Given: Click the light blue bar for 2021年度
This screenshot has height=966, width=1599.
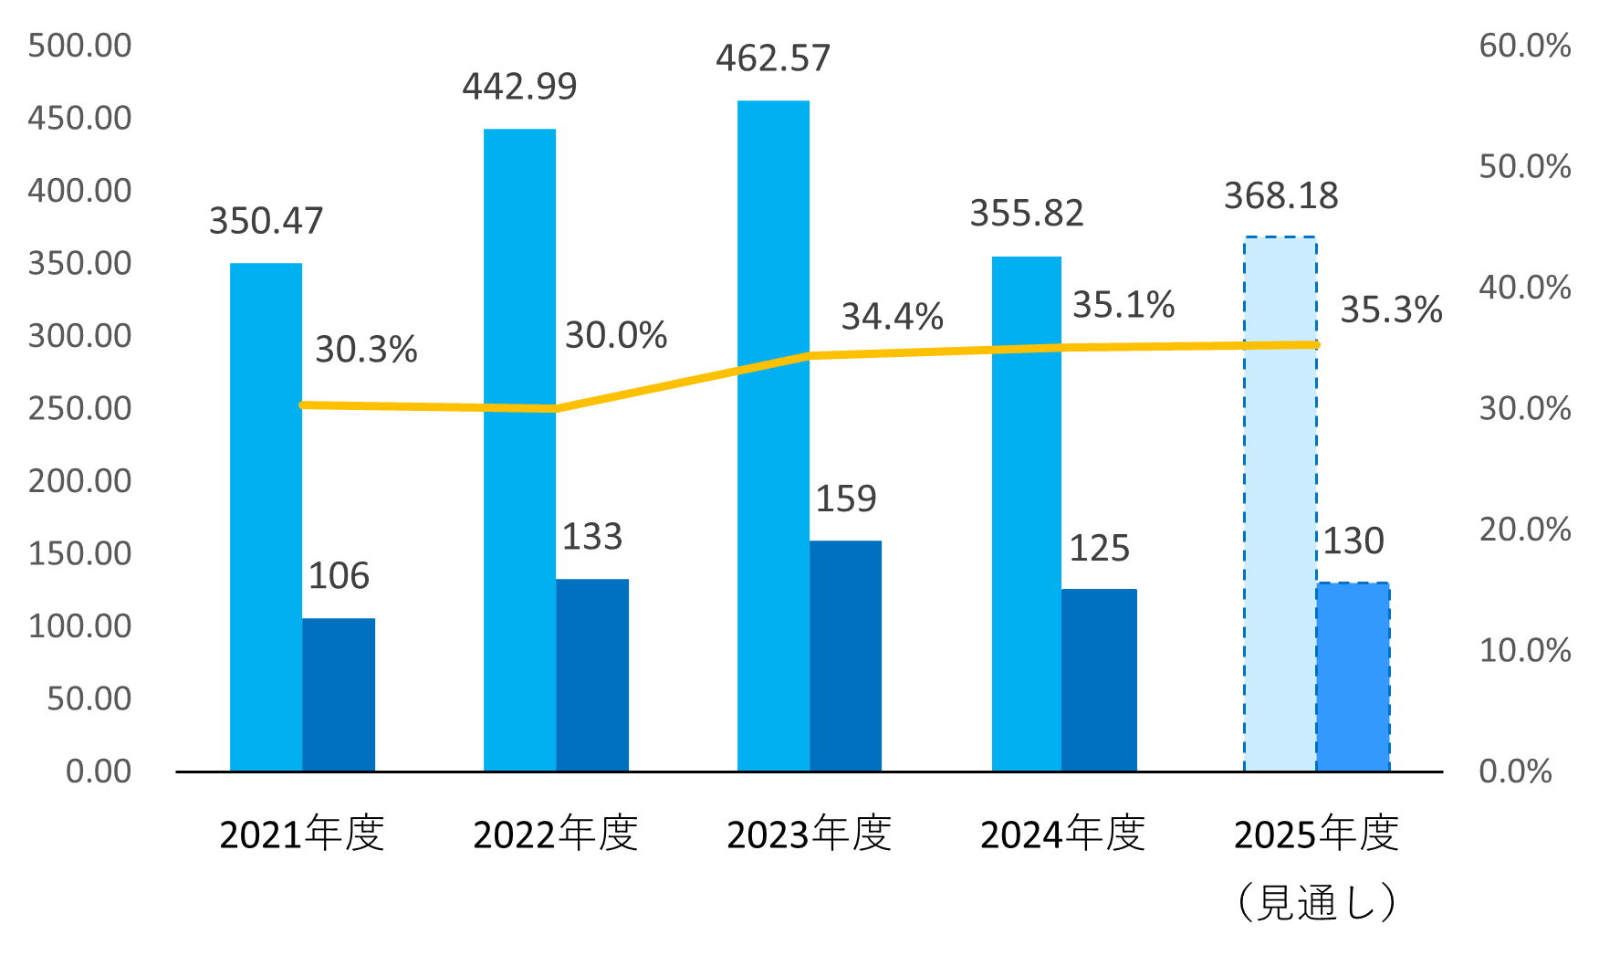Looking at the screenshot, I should point(266,517).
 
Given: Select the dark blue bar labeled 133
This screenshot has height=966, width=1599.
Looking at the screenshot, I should point(592,675).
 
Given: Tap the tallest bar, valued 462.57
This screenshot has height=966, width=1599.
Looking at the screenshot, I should point(773,436).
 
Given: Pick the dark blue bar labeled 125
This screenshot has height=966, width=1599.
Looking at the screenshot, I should point(1099,679).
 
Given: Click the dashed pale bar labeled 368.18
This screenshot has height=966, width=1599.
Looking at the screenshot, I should point(1280,503).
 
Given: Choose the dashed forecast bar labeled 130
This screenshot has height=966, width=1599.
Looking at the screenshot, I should point(1353,677).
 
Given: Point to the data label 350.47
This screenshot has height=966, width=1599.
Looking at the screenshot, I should point(266,221).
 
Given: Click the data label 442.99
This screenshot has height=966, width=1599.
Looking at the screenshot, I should point(519,87).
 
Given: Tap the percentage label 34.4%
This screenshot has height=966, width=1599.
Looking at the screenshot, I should point(892,317).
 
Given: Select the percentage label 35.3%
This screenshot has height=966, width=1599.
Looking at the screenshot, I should point(1391,310).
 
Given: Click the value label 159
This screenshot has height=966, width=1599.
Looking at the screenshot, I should point(846,499).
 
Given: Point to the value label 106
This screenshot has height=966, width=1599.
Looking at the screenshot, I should point(339,576).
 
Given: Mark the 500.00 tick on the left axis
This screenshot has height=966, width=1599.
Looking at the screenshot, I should point(80,46).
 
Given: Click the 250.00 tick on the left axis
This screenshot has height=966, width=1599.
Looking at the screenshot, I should point(80,408).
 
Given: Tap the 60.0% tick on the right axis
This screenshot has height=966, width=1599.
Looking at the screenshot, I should point(1524,46).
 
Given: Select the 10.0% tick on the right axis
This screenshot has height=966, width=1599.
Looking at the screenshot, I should point(1524,650).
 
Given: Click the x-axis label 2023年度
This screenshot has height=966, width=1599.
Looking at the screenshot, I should point(809,834).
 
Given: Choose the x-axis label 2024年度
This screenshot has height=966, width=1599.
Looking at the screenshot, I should point(1062,834).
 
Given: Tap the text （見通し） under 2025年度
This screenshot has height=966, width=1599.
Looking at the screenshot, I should point(1316,903).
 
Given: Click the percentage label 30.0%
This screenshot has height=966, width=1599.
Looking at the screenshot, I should point(616,336).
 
